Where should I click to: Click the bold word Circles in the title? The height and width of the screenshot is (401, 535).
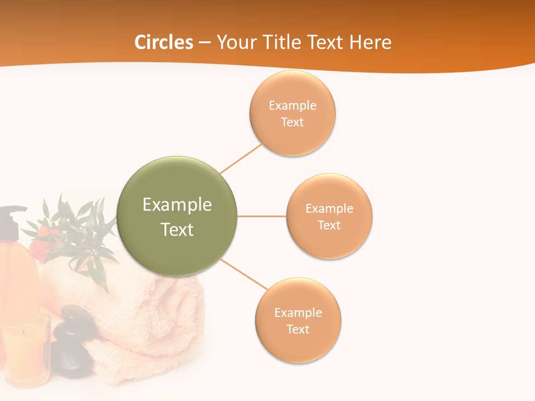point(163,42)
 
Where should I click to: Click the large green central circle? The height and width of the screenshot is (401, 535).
point(177,216)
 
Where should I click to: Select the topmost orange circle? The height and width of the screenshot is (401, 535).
point(292,113)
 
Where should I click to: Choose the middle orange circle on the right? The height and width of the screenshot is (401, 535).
point(329,216)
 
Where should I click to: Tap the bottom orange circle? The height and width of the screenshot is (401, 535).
point(298,320)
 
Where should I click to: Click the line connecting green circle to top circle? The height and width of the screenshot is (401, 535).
point(241,159)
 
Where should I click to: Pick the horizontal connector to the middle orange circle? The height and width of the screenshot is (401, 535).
point(261,216)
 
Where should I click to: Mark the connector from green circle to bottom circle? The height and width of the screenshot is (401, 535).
point(244,274)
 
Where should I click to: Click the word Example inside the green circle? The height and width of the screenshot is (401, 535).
point(177,204)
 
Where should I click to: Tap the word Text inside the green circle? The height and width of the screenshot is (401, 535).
point(177,229)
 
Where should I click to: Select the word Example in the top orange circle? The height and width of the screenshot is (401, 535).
point(292,105)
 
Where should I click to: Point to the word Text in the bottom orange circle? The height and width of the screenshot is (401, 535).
point(298,329)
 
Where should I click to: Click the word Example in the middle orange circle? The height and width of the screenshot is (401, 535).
point(329,208)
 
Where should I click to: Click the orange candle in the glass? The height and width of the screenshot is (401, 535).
point(25,351)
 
